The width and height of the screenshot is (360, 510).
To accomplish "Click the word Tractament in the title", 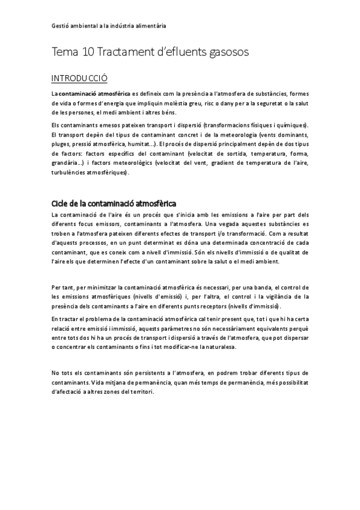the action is (x=122, y=53).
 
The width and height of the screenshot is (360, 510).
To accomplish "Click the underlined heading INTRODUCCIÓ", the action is (x=79, y=78).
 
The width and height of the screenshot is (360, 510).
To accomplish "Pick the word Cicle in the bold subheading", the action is (x=61, y=203).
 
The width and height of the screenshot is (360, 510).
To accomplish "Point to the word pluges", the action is (x=61, y=144).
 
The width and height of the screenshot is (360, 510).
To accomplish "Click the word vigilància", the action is (x=281, y=296).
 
